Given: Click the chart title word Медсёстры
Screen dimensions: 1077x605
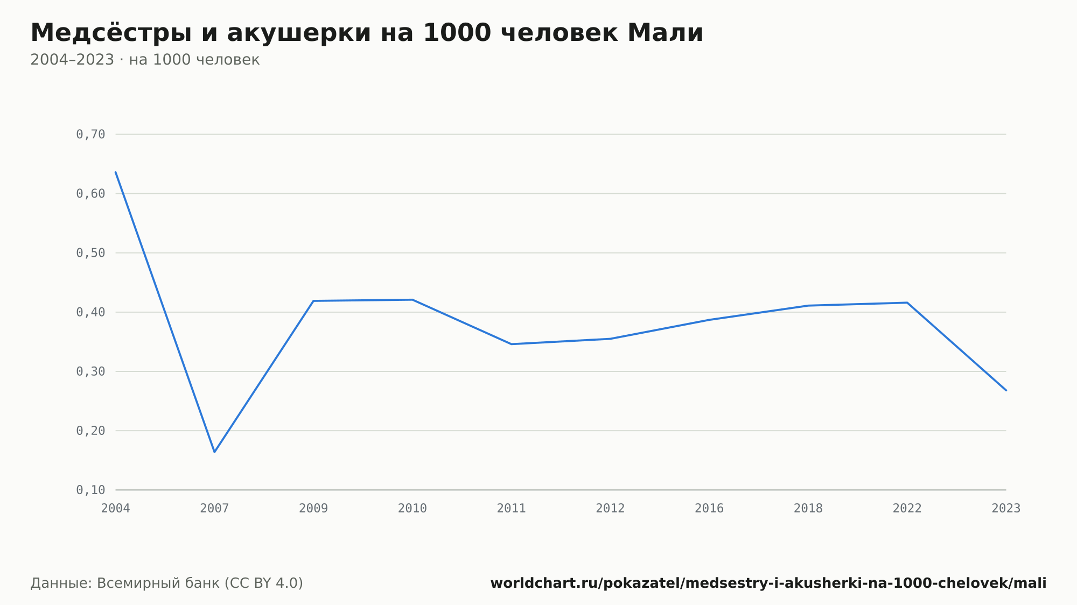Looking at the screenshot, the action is point(111,33).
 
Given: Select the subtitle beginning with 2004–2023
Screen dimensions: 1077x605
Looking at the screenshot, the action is point(145,60).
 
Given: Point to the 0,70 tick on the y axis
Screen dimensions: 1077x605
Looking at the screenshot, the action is point(90,135).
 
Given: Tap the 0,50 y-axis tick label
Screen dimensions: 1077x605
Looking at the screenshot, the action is point(90,253).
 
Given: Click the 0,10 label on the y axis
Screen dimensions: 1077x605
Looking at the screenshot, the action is point(90,490).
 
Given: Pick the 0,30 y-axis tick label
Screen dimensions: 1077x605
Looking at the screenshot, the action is point(90,371).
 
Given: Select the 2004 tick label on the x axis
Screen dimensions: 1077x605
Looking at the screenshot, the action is point(116,509).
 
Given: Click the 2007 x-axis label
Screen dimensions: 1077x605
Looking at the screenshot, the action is point(214,509).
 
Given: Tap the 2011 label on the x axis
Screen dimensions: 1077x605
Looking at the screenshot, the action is point(512,509).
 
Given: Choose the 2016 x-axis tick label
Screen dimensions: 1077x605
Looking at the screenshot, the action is point(709,509).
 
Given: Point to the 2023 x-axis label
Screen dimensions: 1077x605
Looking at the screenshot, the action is point(1006,509).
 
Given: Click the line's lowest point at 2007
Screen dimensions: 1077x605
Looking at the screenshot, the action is point(214,452).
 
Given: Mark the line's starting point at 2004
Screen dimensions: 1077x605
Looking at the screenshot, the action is point(116,172).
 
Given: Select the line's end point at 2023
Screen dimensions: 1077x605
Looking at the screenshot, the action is point(1006,390).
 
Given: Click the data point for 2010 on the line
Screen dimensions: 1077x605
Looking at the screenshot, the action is point(412,300).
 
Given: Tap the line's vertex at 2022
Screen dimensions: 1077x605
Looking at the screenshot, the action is point(907,302).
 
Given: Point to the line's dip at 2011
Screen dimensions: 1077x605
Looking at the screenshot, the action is point(512,344).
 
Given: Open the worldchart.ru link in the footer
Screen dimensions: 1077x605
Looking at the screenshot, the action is point(768,583).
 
